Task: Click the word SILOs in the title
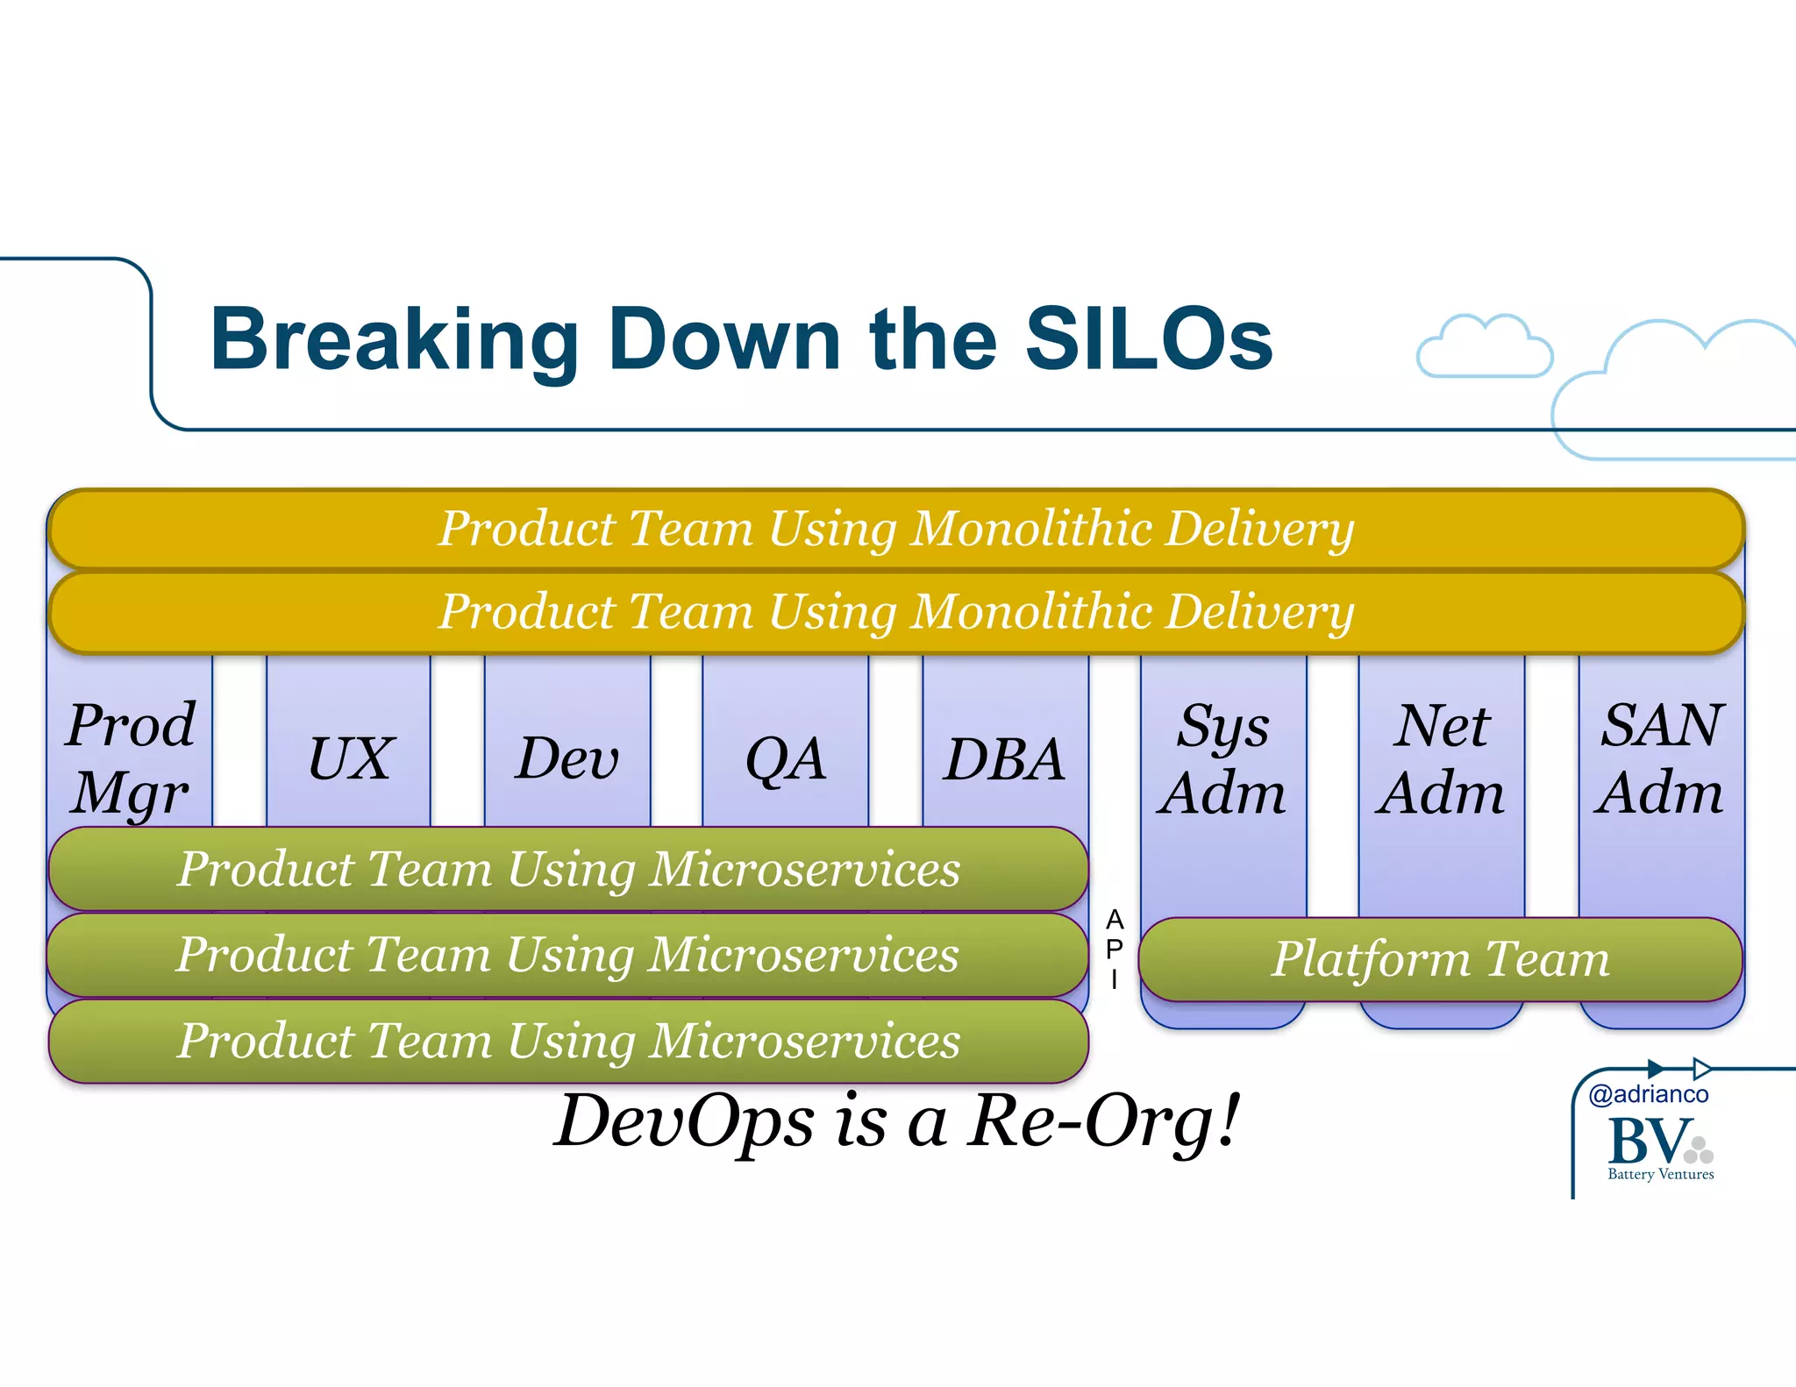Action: tap(1149, 340)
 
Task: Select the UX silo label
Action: tap(350, 758)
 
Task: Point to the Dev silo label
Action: tap(567, 758)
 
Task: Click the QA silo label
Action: tap(786, 758)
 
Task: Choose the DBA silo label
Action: tap(1004, 758)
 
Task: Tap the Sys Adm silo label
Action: tap(1222, 758)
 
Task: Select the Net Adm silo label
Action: tap(1441, 758)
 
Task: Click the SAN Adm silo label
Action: tap(1660, 758)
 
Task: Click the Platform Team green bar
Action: tap(1441, 959)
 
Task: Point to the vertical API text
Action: tap(1114, 950)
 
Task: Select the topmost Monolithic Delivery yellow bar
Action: tap(895, 529)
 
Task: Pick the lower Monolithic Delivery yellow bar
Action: tap(895, 611)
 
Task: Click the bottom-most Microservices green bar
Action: tap(568, 1041)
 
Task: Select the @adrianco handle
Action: tap(1648, 1094)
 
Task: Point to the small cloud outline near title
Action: tap(1484, 348)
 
